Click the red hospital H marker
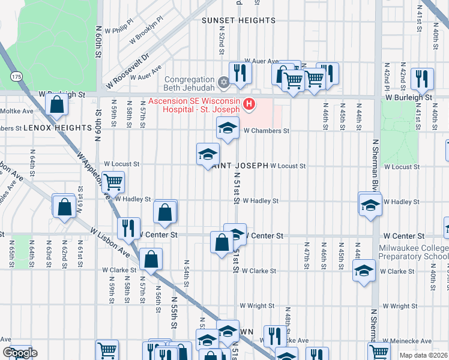point(249,105)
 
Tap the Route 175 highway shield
point(17,77)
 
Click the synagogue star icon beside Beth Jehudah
point(223,81)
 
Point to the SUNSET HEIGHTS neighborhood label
point(238,20)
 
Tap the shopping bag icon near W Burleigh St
point(56,106)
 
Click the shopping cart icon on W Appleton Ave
point(112,181)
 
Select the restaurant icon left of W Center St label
point(127,228)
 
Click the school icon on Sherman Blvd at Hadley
point(370,204)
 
